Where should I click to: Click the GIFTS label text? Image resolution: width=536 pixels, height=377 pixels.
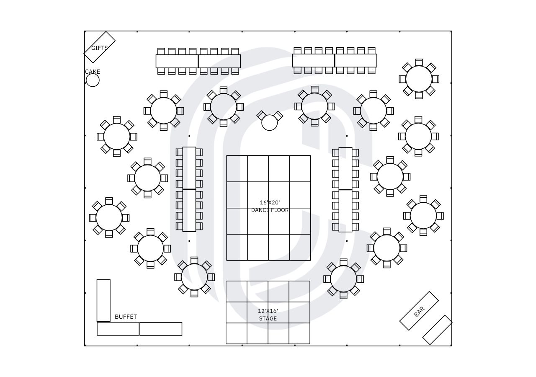[100, 48]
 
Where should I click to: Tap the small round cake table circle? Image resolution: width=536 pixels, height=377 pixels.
[93, 80]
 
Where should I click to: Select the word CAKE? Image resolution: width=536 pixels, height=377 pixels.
[93, 72]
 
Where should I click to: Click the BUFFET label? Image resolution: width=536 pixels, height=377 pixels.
[126, 317]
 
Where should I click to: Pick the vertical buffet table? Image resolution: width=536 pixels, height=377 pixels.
[103, 300]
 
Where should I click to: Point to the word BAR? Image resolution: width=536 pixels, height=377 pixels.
[419, 311]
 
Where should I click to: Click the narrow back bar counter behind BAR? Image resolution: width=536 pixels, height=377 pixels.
[437, 330]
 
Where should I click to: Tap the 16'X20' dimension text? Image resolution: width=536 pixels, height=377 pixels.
[270, 202]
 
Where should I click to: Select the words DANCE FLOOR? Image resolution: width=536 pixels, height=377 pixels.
[270, 210]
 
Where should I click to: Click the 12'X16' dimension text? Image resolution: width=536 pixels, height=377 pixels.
[268, 311]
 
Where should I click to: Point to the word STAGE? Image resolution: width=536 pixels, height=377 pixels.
[268, 318]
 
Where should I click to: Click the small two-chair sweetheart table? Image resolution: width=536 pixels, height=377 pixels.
[270, 123]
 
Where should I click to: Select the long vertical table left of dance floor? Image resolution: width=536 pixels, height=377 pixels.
[189, 189]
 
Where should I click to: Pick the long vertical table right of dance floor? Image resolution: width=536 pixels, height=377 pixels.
[345, 189]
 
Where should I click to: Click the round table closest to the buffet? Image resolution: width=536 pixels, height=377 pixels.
[150, 248]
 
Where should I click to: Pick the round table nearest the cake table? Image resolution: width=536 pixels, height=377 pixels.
[117, 137]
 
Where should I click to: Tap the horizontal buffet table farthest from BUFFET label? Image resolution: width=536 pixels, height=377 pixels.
[161, 329]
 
